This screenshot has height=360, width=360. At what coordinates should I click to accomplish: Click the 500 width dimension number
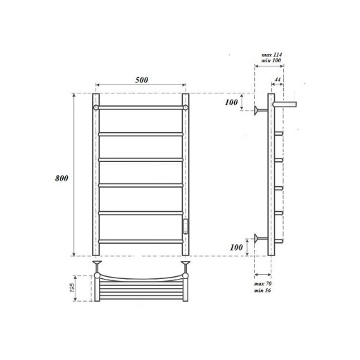pyautogui.click(x=141, y=80)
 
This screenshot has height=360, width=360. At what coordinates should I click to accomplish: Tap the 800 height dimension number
pyautogui.click(x=62, y=178)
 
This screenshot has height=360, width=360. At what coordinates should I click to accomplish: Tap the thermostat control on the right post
pyautogui.click(x=185, y=225)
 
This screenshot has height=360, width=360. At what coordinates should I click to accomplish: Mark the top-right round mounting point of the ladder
pyautogui.click(x=186, y=108)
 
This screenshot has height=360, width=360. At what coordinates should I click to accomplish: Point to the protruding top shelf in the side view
pyautogui.click(x=286, y=102)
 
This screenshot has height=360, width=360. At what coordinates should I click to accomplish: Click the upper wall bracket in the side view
pyautogui.click(x=260, y=109)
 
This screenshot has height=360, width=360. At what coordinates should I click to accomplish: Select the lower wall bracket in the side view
pyautogui.click(x=260, y=240)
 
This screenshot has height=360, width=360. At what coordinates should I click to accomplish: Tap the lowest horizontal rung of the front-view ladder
pyautogui.click(x=141, y=241)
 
